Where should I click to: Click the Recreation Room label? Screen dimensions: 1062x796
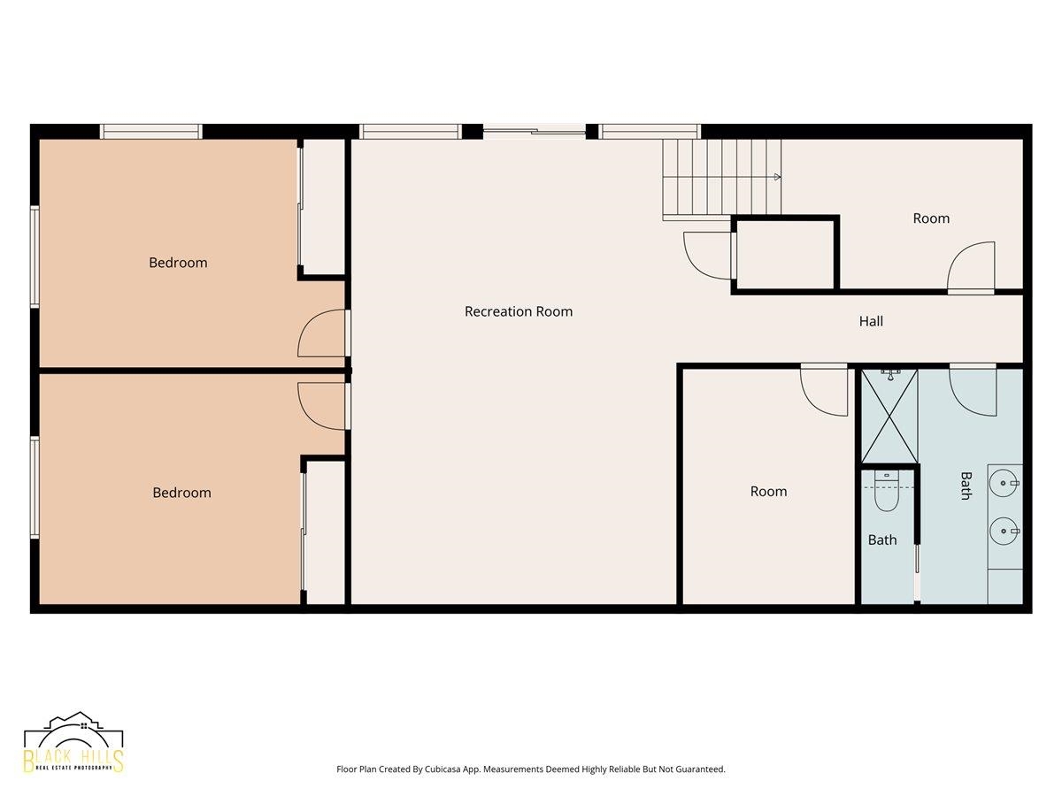point(519,311)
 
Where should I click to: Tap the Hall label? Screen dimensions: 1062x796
point(871,321)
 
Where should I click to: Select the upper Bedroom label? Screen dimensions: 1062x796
point(178,263)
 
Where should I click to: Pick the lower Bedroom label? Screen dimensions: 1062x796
point(182,493)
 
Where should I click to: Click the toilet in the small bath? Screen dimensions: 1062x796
point(887,491)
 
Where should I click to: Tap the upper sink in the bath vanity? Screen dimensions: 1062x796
point(1004,483)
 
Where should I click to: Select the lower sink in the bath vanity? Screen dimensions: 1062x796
point(1004,532)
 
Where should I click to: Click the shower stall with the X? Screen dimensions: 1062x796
point(889,416)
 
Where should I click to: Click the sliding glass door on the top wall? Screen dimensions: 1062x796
point(535,131)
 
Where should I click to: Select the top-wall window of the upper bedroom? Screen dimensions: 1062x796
point(151,132)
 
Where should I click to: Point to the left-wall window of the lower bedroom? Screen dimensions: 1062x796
point(35,487)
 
